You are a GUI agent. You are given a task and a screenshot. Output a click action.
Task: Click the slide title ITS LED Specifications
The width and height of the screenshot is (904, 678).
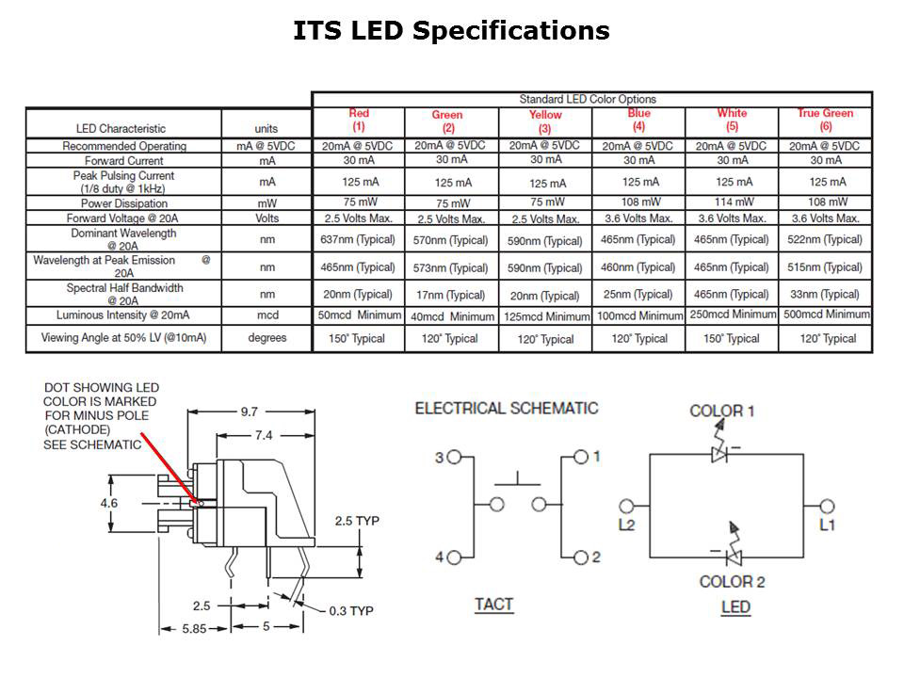(451, 31)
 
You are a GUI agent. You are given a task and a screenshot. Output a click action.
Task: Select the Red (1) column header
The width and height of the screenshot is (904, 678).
(358, 120)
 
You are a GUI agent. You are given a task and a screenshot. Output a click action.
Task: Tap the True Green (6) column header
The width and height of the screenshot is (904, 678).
(825, 120)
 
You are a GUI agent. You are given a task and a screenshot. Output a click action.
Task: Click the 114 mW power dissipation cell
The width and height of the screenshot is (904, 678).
(732, 202)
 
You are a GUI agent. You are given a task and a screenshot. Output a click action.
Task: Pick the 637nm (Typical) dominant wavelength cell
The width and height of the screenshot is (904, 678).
(358, 239)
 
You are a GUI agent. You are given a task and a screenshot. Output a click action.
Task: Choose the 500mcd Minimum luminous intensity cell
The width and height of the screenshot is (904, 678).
(825, 315)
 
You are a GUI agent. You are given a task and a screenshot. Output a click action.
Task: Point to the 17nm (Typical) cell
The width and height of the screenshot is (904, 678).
(451, 295)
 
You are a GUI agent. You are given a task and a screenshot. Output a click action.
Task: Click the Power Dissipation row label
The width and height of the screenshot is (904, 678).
(123, 203)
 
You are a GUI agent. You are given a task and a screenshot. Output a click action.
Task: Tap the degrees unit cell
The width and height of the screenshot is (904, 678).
(266, 338)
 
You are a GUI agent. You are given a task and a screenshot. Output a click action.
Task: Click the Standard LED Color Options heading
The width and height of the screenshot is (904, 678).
(588, 99)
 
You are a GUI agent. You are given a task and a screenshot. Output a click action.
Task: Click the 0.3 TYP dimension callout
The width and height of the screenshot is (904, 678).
(350, 611)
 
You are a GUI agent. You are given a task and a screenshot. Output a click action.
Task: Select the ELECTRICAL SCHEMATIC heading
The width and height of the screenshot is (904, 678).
(507, 409)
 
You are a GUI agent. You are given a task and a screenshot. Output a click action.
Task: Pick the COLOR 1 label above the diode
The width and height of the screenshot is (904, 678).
(722, 411)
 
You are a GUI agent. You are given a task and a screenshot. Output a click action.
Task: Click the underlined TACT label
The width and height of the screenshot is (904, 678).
(494, 604)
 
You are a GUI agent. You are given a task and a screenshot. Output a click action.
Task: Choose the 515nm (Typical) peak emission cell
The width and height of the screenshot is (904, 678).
(825, 267)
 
